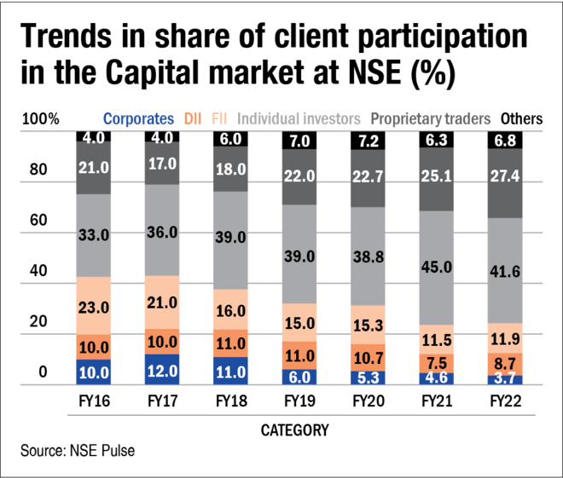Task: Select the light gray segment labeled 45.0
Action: (x=436, y=267)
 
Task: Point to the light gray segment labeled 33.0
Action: (x=93, y=235)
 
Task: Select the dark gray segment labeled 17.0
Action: (x=162, y=164)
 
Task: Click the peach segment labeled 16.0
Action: (x=230, y=310)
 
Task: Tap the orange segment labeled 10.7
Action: (x=368, y=357)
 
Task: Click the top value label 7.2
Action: (x=368, y=140)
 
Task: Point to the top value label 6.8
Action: (x=504, y=140)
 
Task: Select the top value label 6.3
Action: (x=436, y=140)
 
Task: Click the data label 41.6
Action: (x=504, y=271)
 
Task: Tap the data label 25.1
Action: (x=436, y=178)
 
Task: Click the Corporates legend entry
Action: (x=138, y=119)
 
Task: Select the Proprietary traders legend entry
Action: (x=430, y=119)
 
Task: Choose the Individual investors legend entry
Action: (x=299, y=119)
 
